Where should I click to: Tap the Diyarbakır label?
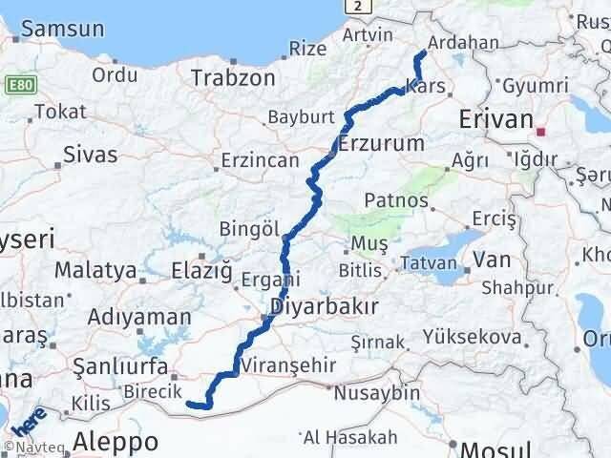[325, 307]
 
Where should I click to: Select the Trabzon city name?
[234, 78]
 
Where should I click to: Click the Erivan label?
[495, 119]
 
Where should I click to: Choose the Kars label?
[424, 87]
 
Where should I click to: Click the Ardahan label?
[465, 43]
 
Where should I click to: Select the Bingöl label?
[249, 230]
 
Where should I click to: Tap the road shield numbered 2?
[356, 7]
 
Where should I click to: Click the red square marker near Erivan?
[541, 132]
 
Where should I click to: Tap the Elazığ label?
[200, 272]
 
